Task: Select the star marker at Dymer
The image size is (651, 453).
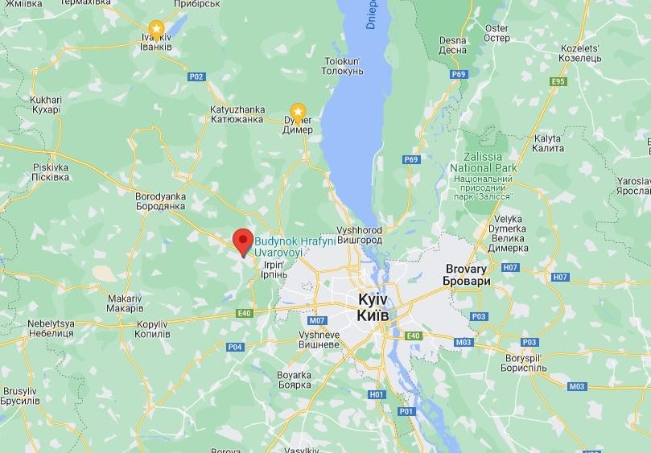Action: click(298, 110)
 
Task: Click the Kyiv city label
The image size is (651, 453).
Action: click(373, 307)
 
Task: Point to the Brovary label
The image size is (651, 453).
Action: click(467, 275)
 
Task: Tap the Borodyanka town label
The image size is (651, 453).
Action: click(160, 201)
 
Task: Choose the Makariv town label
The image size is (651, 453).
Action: click(125, 303)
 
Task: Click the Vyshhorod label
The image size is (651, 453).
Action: click(360, 235)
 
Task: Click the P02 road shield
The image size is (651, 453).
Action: click(196, 76)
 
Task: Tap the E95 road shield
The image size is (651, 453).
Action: click(558, 81)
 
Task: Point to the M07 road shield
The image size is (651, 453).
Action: click(316, 319)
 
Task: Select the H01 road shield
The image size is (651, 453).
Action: click(377, 394)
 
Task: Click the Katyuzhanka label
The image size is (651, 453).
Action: click(237, 114)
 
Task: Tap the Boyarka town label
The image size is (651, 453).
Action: click(294, 380)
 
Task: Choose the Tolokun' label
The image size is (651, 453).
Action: click(344, 66)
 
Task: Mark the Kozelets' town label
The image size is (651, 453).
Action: click(581, 53)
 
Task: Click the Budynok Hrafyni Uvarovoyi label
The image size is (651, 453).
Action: click(279, 246)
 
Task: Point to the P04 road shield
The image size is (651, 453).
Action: click(234, 347)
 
